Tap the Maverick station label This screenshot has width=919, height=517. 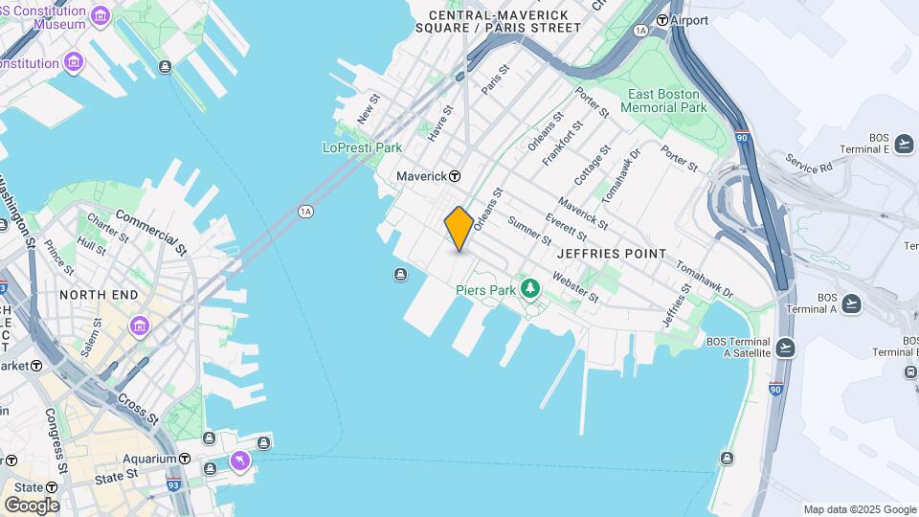[x=422, y=176]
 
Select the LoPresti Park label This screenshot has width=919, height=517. [x=362, y=147]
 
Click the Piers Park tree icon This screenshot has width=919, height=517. [x=529, y=288]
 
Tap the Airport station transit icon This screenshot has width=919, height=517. [x=661, y=20]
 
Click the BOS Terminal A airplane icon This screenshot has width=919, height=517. [x=851, y=303]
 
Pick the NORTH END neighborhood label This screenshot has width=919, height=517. [x=99, y=295]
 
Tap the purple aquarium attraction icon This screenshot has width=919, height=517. [x=238, y=462]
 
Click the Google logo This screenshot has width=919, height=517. [x=32, y=505]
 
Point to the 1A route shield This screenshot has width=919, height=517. [x=305, y=211]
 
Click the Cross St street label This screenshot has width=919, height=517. [x=139, y=409]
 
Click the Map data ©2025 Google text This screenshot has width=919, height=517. [x=860, y=509]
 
